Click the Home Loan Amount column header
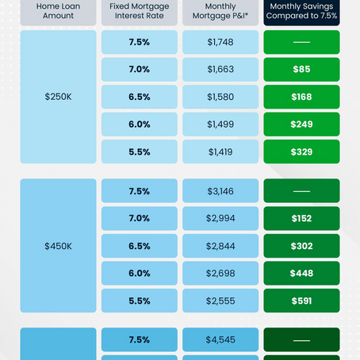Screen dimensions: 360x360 pos(58,11)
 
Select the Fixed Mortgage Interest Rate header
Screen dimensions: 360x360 pos(140,11)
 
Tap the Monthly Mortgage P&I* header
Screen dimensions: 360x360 pos(220,11)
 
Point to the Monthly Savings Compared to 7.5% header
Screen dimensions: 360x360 pos(301,11)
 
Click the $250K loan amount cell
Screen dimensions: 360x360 pos(58,96)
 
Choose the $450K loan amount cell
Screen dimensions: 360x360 pos(58,246)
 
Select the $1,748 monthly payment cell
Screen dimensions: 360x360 pos(220,42)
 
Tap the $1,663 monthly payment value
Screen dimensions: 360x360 pos(220,70)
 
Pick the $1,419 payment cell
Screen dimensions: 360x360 pos(220,151)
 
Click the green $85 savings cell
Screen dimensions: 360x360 pos(301,70)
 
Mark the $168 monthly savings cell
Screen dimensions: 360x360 pos(301,97)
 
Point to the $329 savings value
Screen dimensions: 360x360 pos(301,151)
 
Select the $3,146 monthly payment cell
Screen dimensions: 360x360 pos(220,191)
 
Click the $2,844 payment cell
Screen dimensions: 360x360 pos(220,246)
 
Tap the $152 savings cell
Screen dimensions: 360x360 pos(301,218)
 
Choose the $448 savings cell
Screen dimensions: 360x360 pos(301,274)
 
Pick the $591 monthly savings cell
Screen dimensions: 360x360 pos(301,301)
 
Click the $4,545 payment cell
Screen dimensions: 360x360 pos(220,340)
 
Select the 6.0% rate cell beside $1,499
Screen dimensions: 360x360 pos(140,124)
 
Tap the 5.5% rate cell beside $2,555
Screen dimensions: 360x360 pos(140,301)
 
